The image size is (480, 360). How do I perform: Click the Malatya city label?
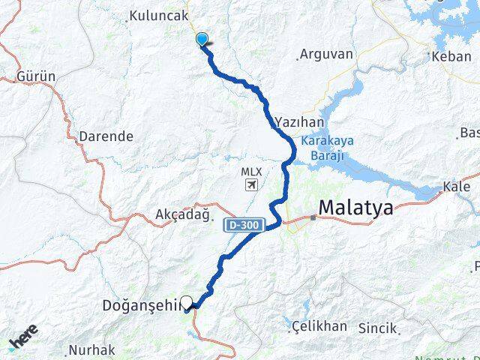[355, 208]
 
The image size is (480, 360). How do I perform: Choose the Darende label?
[106, 136]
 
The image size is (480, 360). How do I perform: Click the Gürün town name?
[37, 77]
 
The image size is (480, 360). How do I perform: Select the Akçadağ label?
[176, 214]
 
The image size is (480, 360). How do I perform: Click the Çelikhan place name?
[319, 325]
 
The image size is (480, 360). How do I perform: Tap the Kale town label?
[457, 186]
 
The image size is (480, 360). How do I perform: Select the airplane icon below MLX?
[252, 185]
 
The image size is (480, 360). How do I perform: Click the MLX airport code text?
[251, 171]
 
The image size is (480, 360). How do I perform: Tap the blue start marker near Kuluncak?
[202, 39]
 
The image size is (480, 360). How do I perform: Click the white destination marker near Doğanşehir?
[187, 302]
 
